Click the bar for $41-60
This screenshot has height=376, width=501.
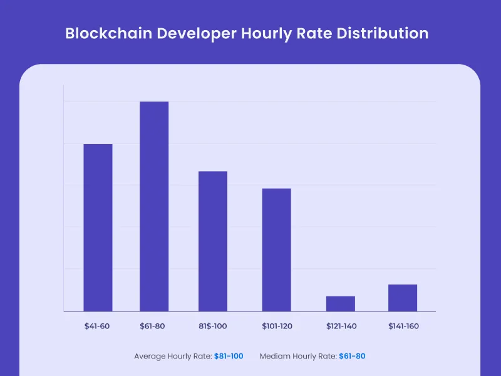pos(98,227)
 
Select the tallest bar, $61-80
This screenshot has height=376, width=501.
pos(154,206)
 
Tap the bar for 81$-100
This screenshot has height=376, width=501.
pos(213,241)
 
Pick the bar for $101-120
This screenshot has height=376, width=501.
pos(276,249)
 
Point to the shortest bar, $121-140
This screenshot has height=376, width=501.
pos(341,303)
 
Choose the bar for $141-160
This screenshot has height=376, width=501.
pos(403,298)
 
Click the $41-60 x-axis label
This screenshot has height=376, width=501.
pos(98,326)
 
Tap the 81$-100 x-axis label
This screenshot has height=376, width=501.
pos(213,326)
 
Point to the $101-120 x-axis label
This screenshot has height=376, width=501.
pos(276,326)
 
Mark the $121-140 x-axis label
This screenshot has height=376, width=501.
pos(341,326)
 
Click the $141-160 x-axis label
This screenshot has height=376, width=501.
pos(403,326)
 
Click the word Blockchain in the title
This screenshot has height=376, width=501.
pos(104,33)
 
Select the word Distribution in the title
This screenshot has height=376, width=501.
pos(383,33)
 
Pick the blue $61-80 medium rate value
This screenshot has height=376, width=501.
pos(352,356)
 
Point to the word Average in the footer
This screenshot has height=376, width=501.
pos(150,356)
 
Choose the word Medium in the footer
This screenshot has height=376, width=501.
pos(274,356)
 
